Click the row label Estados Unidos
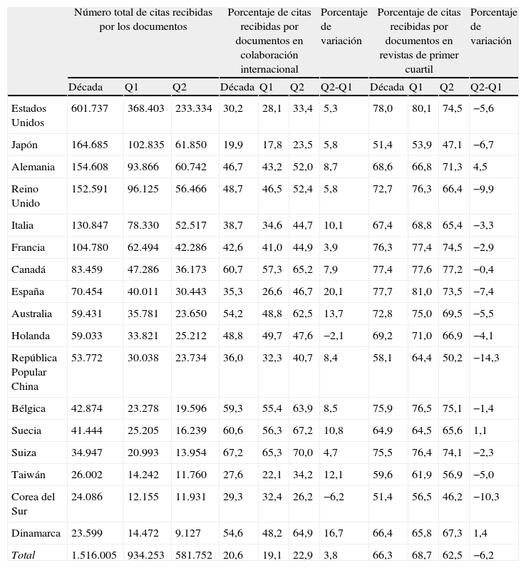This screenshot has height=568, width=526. click(x=29, y=115)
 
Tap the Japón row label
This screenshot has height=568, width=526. click(x=25, y=145)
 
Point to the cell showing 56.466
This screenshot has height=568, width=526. click(x=190, y=189)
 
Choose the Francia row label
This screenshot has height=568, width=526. click(x=28, y=247)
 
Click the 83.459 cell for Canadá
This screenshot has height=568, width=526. click(x=87, y=269)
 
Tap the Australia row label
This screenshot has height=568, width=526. click(x=31, y=314)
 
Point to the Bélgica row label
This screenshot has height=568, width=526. click(x=29, y=408)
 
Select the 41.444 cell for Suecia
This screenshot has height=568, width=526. click(x=87, y=430)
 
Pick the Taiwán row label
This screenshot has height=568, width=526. click(x=28, y=475)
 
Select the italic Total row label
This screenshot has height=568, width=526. click(x=23, y=555)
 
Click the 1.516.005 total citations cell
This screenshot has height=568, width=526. click(x=94, y=555)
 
